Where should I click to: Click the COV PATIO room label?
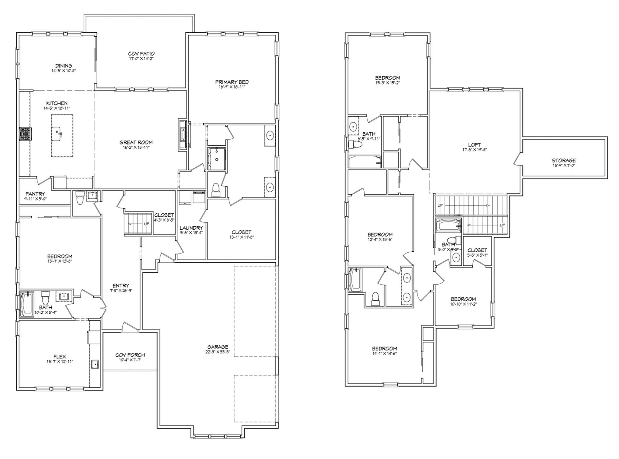[x=141, y=54]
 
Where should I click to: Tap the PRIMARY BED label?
[x=232, y=82]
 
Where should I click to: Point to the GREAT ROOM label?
[x=136, y=142]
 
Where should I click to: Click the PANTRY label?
[x=35, y=194]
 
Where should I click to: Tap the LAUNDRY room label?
[x=191, y=228]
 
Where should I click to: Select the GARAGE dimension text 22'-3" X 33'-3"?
[x=218, y=351]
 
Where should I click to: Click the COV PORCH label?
[x=130, y=355]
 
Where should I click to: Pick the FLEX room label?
[x=60, y=357]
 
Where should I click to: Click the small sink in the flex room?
[x=95, y=364]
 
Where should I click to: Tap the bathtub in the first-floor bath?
[x=27, y=304]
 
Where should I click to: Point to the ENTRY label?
[x=121, y=286]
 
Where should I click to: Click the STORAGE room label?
[x=564, y=160]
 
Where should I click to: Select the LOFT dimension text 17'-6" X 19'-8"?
[x=474, y=149]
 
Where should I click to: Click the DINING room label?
[x=64, y=66]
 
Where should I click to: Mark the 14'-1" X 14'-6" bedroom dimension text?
[x=384, y=353]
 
